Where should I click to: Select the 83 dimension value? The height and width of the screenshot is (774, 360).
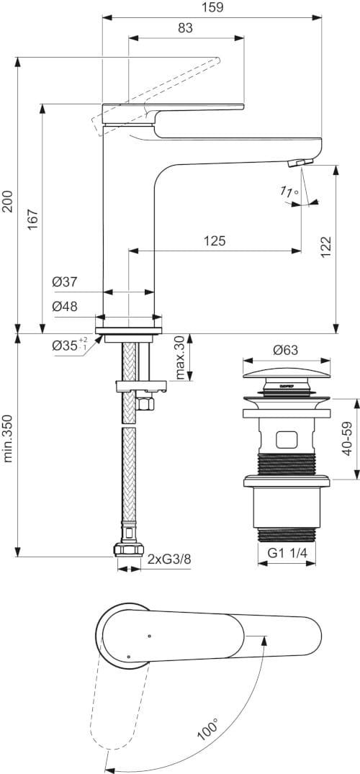pyautogui.click(x=185, y=28)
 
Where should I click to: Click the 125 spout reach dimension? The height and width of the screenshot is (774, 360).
pyautogui.click(x=214, y=240)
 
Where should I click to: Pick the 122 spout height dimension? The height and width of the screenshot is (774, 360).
pyautogui.click(x=326, y=248)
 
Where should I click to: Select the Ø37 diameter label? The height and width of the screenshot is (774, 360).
pyautogui.click(x=64, y=282)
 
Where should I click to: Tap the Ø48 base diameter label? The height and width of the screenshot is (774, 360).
pyautogui.click(x=64, y=306)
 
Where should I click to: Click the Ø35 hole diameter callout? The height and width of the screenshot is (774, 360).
pyautogui.click(x=69, y=345)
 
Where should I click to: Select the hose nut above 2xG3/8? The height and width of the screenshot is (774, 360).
pyautogui.click(x=127, y=551)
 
